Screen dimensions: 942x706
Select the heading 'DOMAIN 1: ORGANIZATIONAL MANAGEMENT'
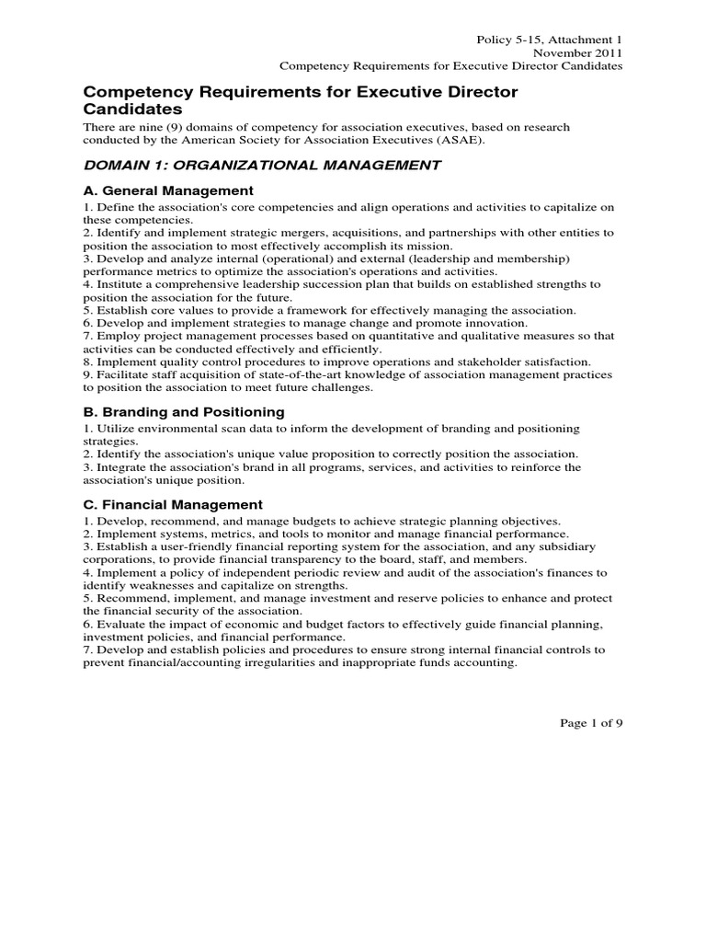249,166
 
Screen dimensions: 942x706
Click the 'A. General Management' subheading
168,190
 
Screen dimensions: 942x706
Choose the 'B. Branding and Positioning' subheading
184,411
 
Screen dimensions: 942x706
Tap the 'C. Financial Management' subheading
173,505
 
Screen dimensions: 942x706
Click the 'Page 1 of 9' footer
591,722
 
